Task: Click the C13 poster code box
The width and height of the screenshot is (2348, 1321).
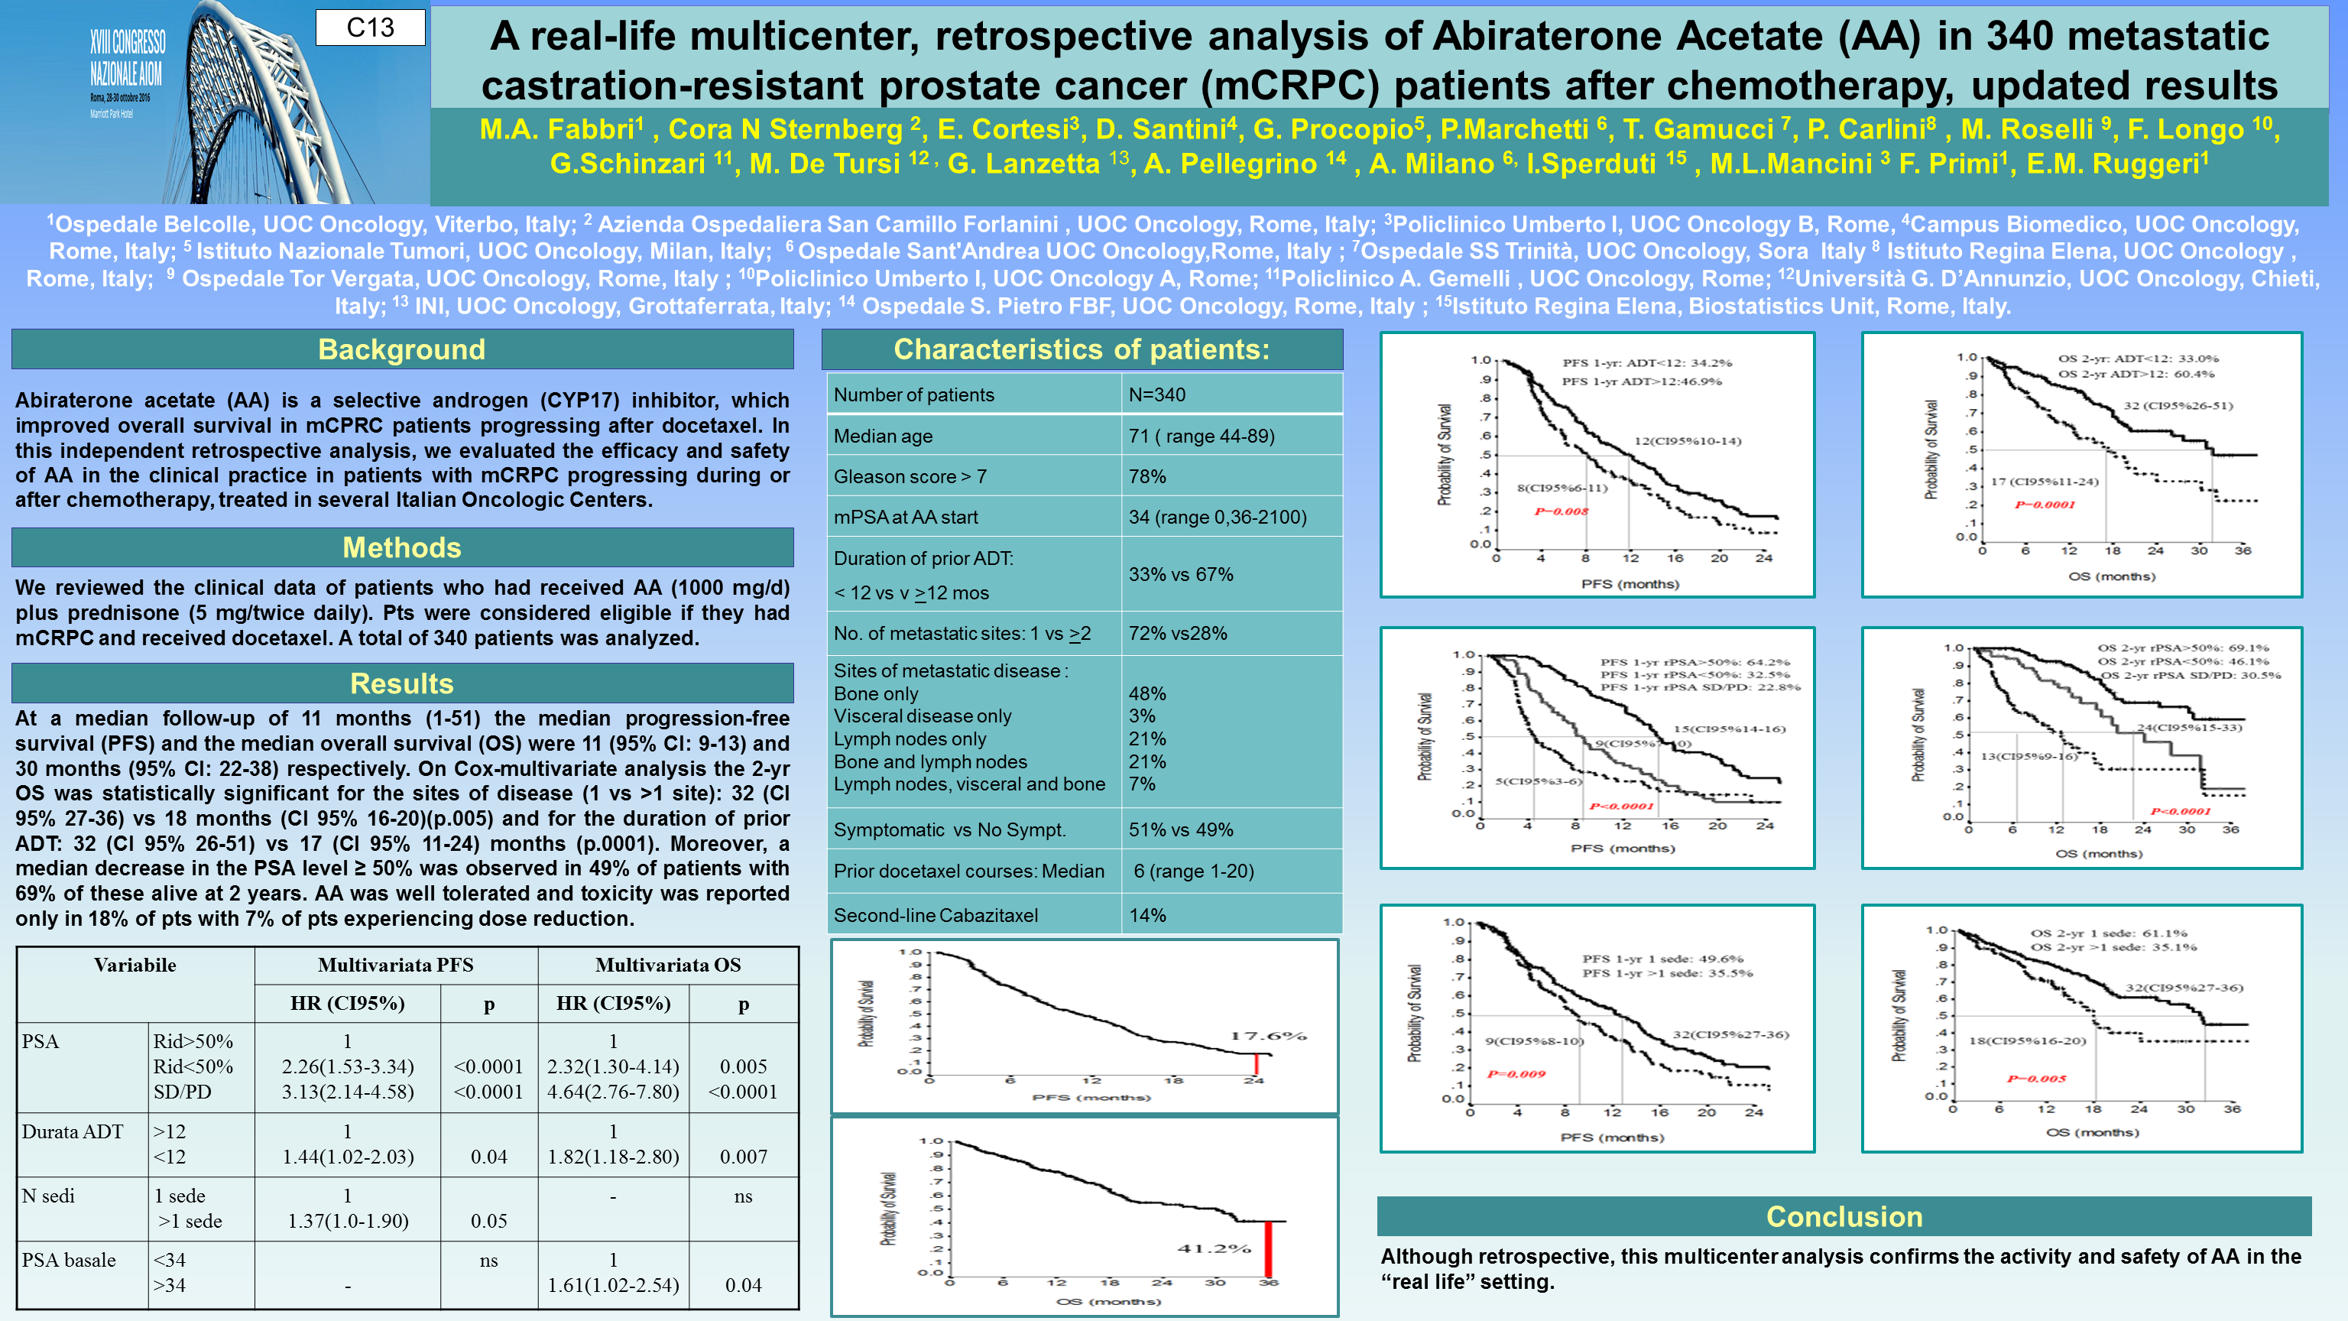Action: [370, 28]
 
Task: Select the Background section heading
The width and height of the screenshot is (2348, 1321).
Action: [401, 349]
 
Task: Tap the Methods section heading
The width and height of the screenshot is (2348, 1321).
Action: [401, 547]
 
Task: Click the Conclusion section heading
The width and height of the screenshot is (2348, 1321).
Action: [1844, 1216]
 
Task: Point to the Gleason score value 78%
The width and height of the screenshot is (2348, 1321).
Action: [1146, 476]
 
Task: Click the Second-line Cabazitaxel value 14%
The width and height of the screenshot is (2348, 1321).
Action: [1146, 914]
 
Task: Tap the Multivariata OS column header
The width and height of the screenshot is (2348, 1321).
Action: [667, 965]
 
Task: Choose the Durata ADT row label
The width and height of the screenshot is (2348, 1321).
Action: [72, 1131]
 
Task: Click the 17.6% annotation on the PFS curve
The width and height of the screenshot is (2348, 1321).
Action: [1268, 1036]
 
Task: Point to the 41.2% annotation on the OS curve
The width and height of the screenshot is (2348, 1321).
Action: [1213, 1248]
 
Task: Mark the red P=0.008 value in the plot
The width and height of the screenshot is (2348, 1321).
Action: [1561, 511]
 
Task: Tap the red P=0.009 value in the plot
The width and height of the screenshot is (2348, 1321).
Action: [1516, 1074]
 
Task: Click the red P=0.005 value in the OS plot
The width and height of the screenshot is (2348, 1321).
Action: [2036, 1079]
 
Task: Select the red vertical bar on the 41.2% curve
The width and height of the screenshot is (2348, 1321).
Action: [1267, 1249]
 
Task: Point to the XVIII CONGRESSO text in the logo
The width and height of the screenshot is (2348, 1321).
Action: [128, 42]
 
